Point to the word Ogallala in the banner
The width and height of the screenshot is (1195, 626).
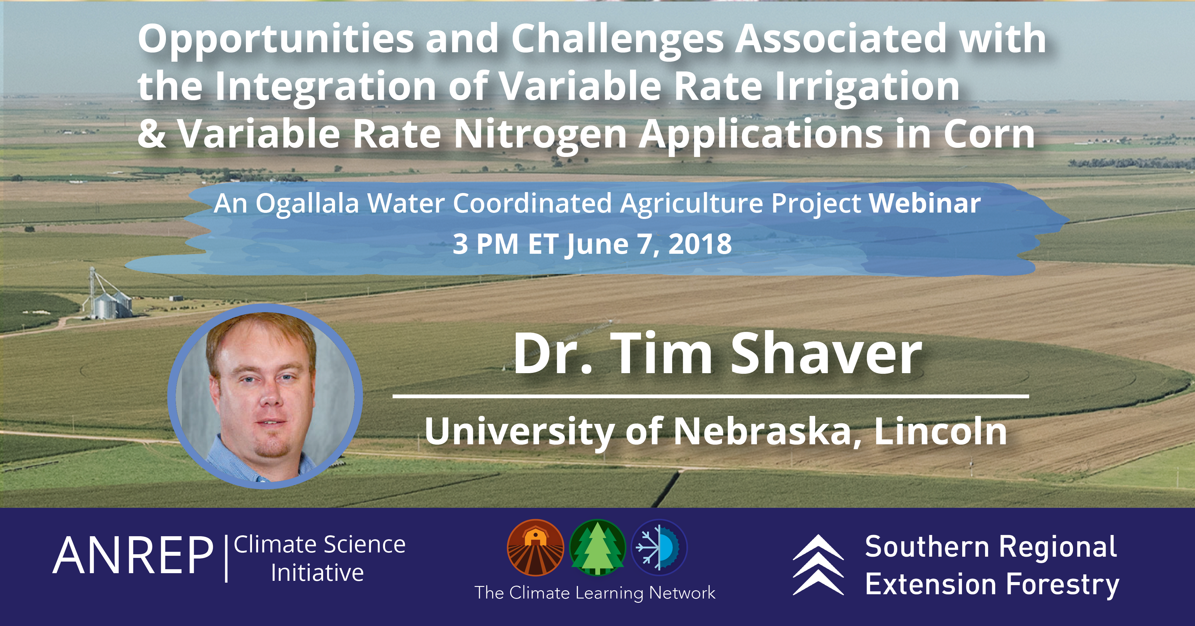point(307,204)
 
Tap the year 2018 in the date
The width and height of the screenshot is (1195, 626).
point(700,244)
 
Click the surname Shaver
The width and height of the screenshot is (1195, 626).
point(826,354)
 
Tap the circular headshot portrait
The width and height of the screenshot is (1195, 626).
point(265,396)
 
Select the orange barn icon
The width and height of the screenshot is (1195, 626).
point(535,548)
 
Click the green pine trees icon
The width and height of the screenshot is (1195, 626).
point(597,548)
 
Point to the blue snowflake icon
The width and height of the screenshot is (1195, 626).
point(659,548)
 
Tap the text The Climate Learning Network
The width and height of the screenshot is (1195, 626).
point(595,593)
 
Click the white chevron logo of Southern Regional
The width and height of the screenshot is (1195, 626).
point(818,565)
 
